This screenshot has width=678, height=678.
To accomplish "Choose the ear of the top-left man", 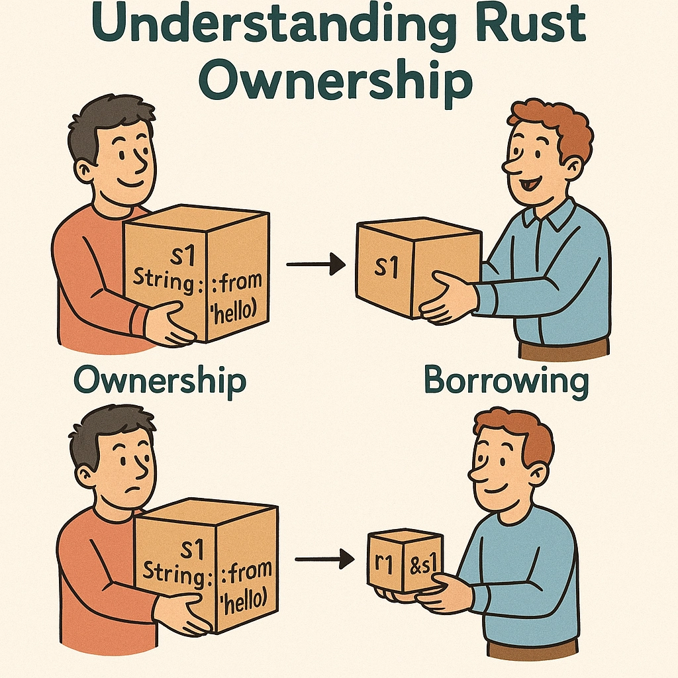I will [x=85, y=171].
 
